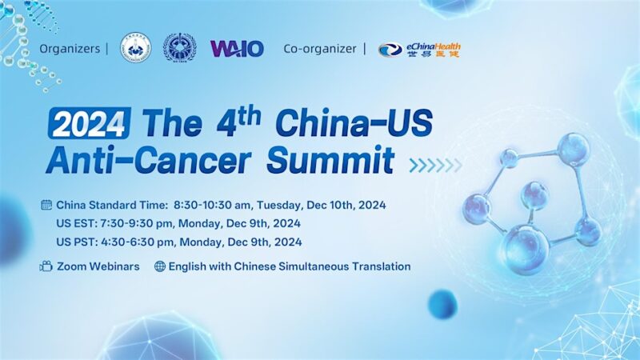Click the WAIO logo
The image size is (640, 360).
pyautogui.click(x=237, y=48)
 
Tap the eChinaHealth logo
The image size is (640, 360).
pyautogui.click(x=419, y=50)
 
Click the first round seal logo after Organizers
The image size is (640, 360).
pyautogui.click(x=134, y=48)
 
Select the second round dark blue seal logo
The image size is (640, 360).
pyautogui.click(x=178, y=48)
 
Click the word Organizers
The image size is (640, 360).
pyautogui.click(x=69, y=49)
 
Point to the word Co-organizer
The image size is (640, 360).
pyautogui.click(x=320, y=49)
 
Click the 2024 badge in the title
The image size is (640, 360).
pyautogui.click(x=89, y=125)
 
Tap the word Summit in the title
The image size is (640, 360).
pyautogui.click(x=330, y=160)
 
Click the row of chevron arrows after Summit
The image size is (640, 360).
pyautogui.click(x=435, y=165)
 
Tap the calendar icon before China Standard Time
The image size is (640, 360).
pyautogui.click(x=46, y=205)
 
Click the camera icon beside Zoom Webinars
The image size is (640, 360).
pyautogui.click(x=46, y=266)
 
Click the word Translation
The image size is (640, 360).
pyautogui.click(x=377, y=266)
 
